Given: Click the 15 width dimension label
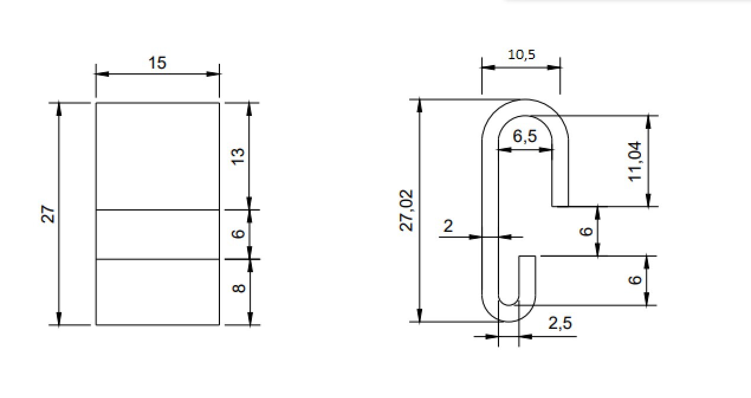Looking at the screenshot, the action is tap(157, 63).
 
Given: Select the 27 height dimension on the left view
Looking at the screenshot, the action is tap(48, 214).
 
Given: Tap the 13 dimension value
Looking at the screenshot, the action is tap(238, 156).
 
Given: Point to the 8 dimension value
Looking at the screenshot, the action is tap(238, 289).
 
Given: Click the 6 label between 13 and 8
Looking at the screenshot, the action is tap(238, 234).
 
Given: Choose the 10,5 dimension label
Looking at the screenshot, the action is tap(522, 54).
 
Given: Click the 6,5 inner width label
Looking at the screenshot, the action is tap(525, 136).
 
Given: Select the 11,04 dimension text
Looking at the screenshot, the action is tap(635, 161).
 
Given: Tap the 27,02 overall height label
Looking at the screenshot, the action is tap(406, 211).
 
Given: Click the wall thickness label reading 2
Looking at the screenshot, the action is tap(448, 226).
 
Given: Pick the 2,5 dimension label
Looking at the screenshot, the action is tap(560, 323).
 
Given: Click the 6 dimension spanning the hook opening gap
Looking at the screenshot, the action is tap(586, 231).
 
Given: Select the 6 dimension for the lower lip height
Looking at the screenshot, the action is tap(635, 280).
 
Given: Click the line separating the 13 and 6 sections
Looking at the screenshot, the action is tap(157, 210).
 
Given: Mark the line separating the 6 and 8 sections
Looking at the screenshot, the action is tap(157, 259).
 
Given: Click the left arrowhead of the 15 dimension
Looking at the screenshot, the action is tap(102, 74).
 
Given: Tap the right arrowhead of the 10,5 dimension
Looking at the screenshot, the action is tap(554, 67).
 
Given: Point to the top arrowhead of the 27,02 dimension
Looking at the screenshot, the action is tap(419, 106).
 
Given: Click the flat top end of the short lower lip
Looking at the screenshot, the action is tap(527, 256).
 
